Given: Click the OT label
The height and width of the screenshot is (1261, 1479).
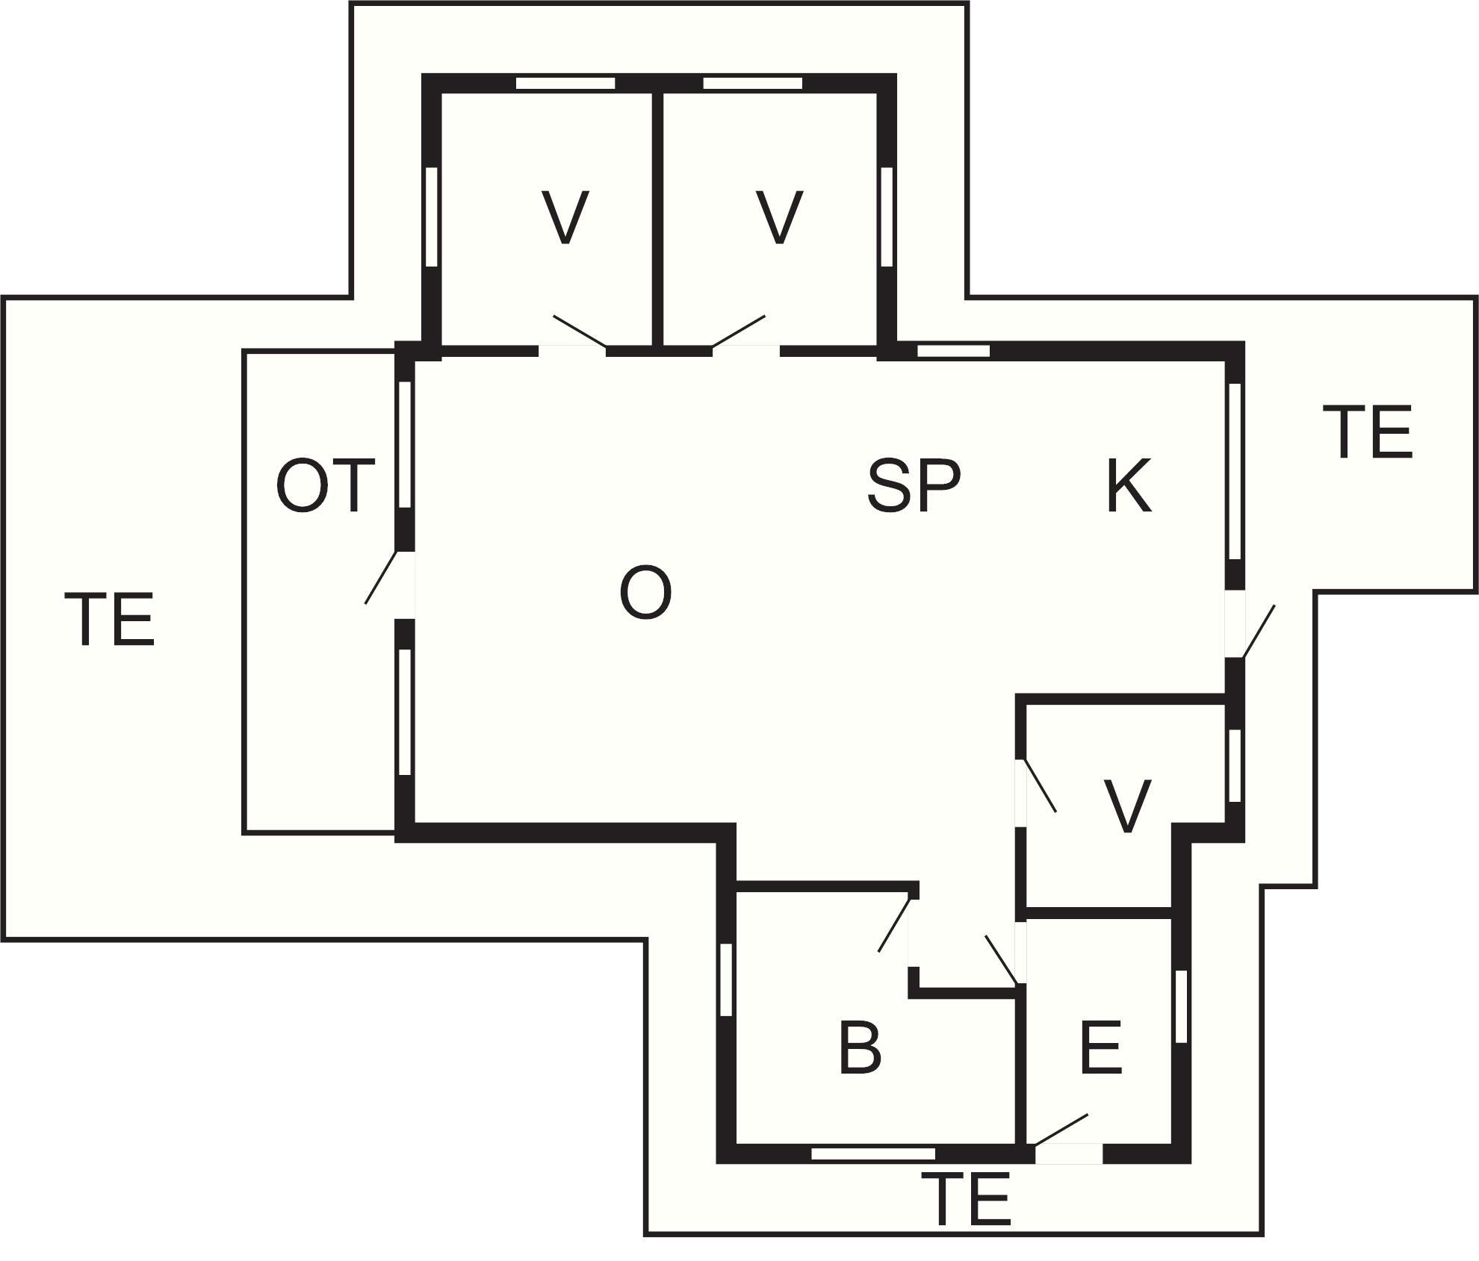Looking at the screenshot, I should [325, 486].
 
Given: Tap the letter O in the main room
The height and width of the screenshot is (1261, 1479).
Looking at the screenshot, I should [645, 593].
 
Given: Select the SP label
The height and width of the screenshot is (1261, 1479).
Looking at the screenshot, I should [914, 486].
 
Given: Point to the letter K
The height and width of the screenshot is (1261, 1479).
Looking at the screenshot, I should [1129, 486].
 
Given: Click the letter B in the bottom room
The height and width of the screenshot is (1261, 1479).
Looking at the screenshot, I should [860, 1048].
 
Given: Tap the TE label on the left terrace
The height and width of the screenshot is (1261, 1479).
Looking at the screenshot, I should [114, 619].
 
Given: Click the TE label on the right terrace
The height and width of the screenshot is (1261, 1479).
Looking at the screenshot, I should [1372, 432].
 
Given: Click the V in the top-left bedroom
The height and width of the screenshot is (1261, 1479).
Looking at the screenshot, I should [565, 217].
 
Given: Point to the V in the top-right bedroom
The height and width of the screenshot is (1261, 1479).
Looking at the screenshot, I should [779, 217].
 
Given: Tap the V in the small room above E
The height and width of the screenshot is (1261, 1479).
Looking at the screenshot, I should [1127, 806].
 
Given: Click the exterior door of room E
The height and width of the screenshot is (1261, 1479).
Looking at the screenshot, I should [1069, 1153].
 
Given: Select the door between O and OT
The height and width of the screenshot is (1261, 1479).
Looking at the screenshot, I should [403, 586].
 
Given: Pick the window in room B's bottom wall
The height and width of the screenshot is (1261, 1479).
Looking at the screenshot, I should [873, 1154].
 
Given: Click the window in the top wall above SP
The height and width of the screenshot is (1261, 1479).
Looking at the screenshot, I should [953, 351].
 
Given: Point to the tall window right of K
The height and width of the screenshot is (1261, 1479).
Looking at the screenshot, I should [1235, 471].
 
